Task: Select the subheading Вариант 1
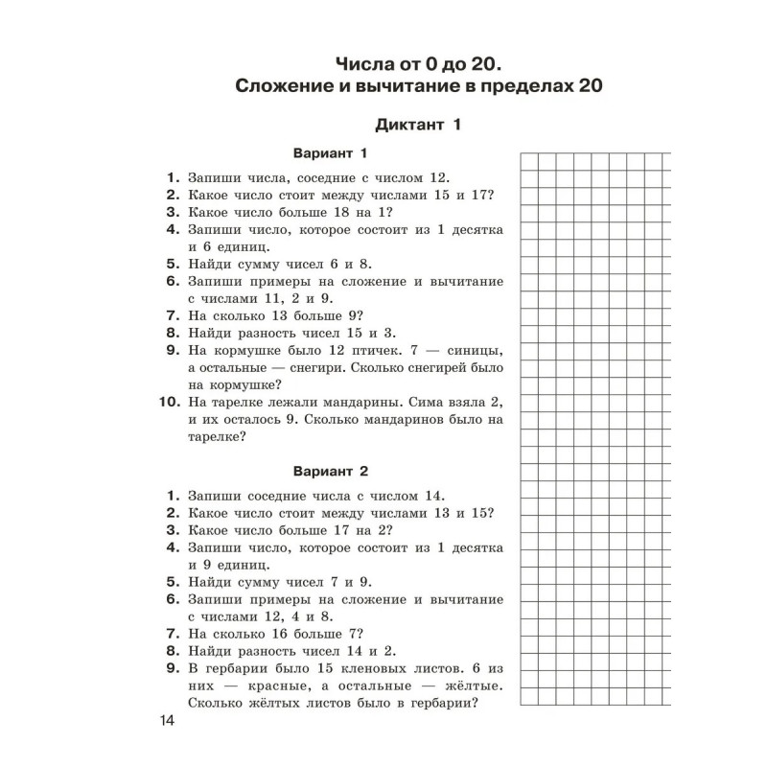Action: (x=331, y=153)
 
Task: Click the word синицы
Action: (x=473, y=351)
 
